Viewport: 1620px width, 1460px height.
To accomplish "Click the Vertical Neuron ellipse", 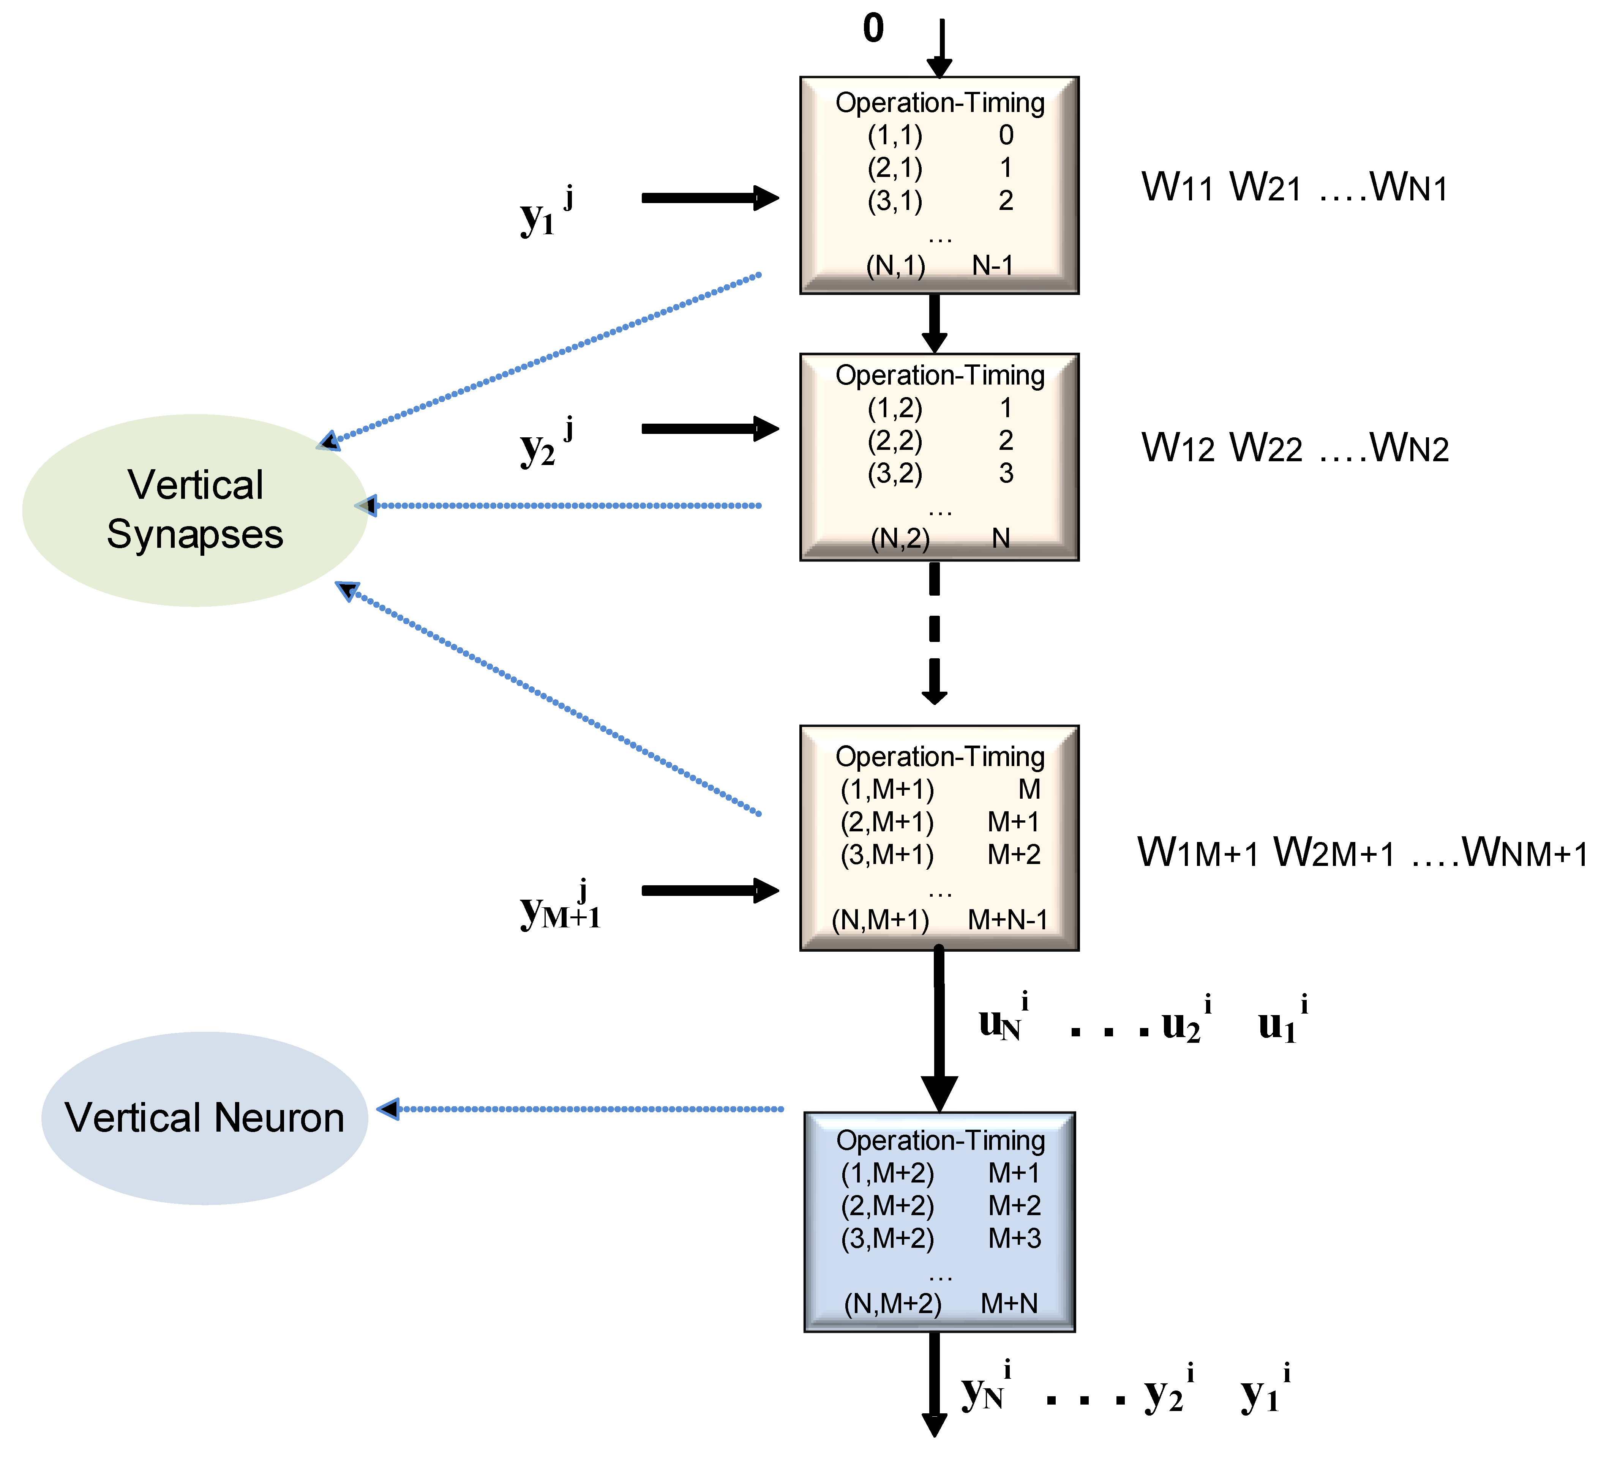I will coord(205,1118).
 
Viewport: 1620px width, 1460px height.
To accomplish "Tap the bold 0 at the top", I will coord(873,29).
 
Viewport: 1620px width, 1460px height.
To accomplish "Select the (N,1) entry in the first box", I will coord(895,265).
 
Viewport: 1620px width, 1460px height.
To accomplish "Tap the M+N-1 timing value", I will coord(1008,919).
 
